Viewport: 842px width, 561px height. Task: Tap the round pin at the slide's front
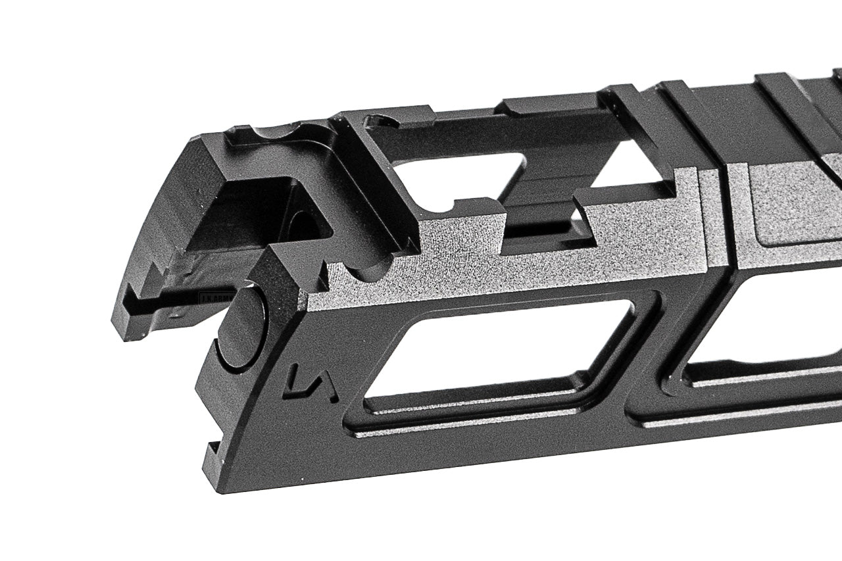[241, 328]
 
